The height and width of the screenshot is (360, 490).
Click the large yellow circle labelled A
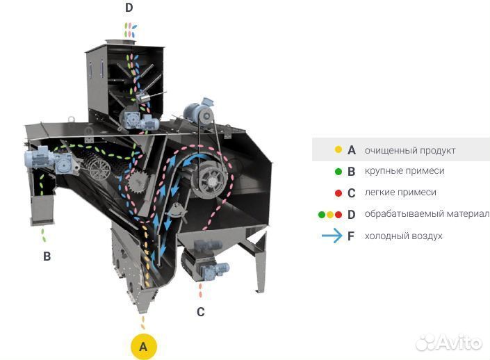(x=143, y=345)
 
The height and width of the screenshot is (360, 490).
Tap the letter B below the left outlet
(x=47, y=256)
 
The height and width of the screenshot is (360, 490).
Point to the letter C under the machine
(x=200, y=312)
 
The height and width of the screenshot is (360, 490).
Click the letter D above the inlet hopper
(x=129, y=8)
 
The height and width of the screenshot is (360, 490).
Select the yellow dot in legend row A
(x=338, y=149)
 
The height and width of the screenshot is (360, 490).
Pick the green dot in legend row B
(x=338, y=171)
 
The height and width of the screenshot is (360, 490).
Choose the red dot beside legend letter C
(x=338, y=193)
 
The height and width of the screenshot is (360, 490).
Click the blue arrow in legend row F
(x=331, y=236)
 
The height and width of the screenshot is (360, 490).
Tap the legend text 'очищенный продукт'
(x=410, y=149)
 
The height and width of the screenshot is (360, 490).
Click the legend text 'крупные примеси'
(x=405, y=171)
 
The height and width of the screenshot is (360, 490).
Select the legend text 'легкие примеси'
(x=400, y=193)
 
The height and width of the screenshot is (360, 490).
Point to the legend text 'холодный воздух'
(x=404, y=236)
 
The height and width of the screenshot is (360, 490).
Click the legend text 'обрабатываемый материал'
(x=427, y=214)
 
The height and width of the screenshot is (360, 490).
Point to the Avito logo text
(x=456, y=343)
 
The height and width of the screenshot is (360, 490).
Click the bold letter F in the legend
(x=352, y=236)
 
